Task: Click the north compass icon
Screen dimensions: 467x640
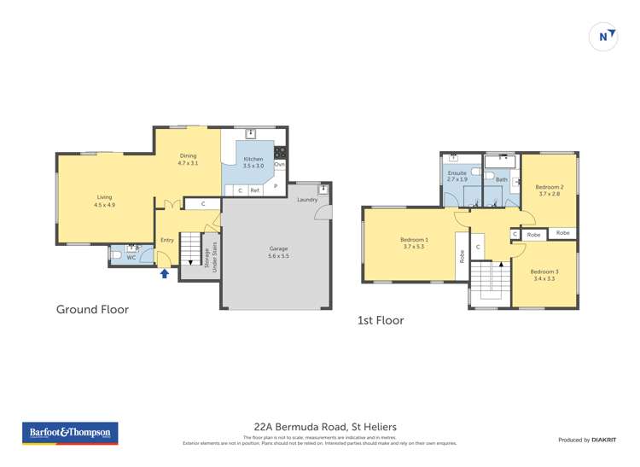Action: tap(603, 36)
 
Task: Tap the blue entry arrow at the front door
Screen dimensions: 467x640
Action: tap(165, 273)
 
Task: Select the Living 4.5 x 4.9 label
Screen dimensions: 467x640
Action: tap(103, 201)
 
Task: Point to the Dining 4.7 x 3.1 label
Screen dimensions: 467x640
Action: tap(188, 159)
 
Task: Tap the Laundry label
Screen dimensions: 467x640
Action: tap(307, 200)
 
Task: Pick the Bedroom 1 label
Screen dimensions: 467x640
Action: tap(414, 243)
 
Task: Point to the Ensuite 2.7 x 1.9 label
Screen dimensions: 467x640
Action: tap(457, 177)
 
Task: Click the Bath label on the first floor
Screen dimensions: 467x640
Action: tap(502, 179)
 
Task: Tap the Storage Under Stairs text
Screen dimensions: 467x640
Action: tap(210, 256)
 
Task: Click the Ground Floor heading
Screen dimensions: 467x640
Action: tap(92, 309)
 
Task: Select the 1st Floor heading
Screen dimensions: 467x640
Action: tap(381, 321)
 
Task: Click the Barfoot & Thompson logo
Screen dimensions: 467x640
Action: tap(70, 434)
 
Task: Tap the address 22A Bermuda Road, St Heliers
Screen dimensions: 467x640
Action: tap(325, 427)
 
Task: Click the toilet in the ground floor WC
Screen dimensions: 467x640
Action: tap(117, 254)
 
